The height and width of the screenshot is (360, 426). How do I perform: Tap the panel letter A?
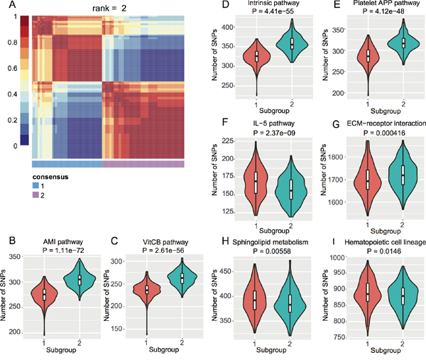click(x=6, y=6)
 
